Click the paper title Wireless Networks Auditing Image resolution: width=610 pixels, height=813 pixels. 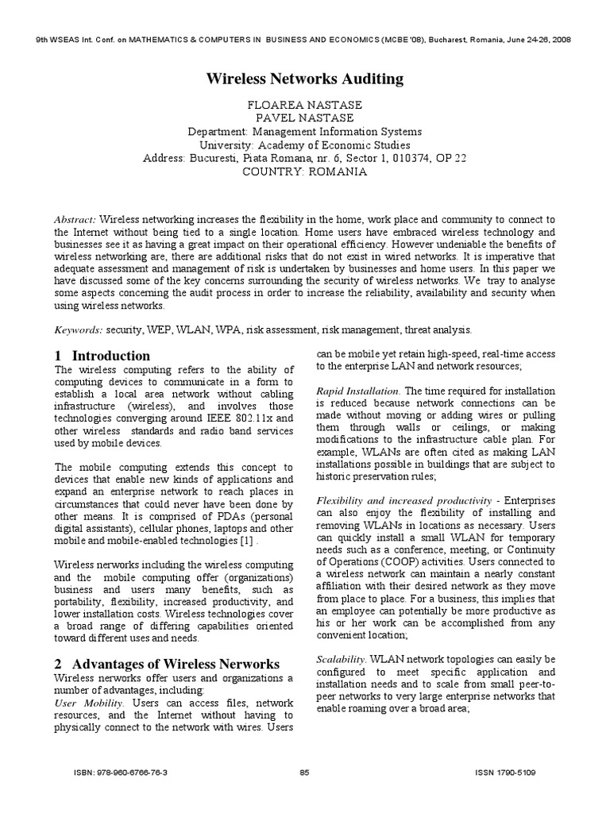point(305,79)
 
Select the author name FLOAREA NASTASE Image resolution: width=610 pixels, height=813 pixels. point(305,104)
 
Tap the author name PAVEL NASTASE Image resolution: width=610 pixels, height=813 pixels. point(305,118)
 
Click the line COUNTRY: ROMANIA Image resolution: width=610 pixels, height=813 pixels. point(305,171)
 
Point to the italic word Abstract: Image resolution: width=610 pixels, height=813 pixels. point(75,219)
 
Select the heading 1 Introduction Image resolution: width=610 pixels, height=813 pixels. point(102,356)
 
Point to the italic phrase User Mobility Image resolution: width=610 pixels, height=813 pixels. point(89,703)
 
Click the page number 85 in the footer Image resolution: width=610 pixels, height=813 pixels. point(304,793)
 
